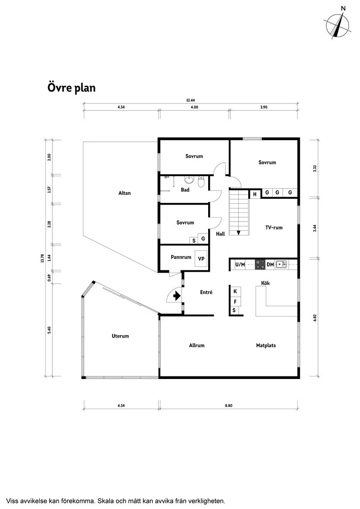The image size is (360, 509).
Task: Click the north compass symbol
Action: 338,25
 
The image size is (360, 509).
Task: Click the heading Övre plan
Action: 71,88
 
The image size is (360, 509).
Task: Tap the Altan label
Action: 124,193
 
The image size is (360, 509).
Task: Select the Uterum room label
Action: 120,336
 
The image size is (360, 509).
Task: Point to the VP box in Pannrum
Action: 201,259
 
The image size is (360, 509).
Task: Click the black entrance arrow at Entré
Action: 176,296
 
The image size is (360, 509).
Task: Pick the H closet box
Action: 254,194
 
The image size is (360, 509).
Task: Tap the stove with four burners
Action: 260,264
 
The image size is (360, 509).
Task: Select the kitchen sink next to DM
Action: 281,264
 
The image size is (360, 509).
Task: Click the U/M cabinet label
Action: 240,264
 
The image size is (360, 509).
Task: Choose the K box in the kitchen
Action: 235,291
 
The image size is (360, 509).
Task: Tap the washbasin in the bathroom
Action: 189,180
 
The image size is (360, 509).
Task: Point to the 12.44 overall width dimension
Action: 191,100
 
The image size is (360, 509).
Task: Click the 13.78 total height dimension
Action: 42,258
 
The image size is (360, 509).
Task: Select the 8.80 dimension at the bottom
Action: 229,406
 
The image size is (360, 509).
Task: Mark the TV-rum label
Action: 274,227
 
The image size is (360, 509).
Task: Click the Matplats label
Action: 266,345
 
